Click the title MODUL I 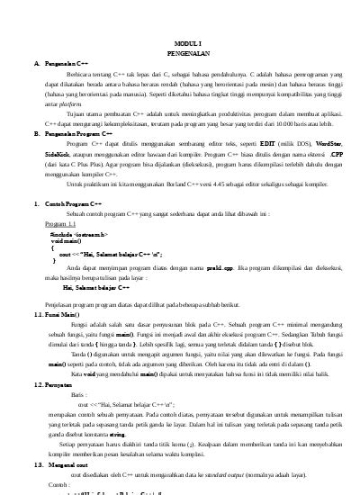tap(188, 41)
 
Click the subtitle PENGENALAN tap(188, 52)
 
